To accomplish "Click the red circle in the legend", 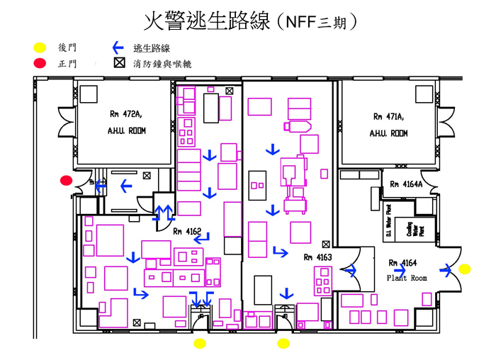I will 40,63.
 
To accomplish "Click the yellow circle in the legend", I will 40,48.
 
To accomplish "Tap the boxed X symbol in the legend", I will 118,63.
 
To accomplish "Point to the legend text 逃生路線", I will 152,48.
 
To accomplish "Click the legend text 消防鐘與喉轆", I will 162,64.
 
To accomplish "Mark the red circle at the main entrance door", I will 67,181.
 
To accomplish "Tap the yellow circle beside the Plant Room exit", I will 465,269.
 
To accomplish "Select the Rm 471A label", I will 388,116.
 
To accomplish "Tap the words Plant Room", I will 407,279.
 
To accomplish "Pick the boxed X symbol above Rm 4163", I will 325,243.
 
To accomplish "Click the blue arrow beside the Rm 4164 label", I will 401,269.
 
